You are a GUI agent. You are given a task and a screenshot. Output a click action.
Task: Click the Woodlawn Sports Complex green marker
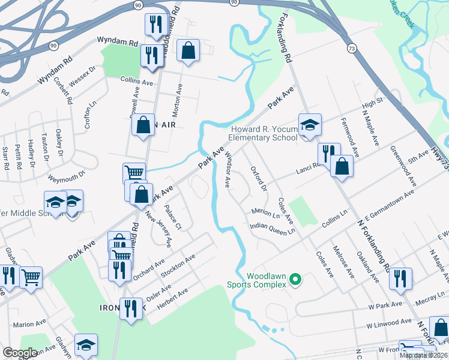click(x=295, y=279)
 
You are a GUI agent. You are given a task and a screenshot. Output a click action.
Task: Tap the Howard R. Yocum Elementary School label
click(x=264, y=133)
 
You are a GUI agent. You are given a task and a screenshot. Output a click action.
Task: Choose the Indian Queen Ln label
click(x=273, y=229)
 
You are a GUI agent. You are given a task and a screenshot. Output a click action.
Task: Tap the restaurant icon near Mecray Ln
click(x=400, y=278)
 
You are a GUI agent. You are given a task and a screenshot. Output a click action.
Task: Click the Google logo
click(x=20, y=353)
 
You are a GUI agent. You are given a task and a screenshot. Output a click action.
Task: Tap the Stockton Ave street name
click(x=179, y=265)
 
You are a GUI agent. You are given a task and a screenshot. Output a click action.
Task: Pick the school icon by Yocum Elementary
click(x=310, y=125)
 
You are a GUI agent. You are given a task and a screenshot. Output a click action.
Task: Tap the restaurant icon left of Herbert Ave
click(x=128, y=308)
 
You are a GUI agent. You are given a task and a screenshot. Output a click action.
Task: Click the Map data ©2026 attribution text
click(x=423, y=355)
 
